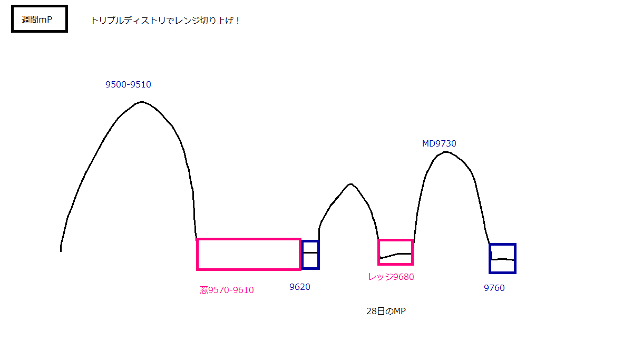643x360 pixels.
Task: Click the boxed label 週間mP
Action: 40,19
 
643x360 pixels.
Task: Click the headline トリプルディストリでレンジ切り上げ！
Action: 165,21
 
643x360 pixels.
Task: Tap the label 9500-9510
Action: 128,84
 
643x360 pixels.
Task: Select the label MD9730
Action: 439,143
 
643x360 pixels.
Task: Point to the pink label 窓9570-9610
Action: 227,290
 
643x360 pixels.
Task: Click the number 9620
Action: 300,287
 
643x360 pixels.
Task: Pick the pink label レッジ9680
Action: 391,277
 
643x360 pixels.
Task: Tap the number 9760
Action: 494,288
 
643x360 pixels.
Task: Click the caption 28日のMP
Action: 386,312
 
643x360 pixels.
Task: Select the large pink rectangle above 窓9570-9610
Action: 249,254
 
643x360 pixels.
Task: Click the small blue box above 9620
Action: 310,255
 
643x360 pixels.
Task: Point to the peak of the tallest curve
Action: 141,102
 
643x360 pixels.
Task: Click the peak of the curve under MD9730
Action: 446,152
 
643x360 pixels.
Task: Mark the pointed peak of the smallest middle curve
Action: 350,184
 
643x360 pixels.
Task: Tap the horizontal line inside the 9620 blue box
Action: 310,252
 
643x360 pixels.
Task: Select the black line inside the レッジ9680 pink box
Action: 396,255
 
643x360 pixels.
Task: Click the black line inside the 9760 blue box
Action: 502,259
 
